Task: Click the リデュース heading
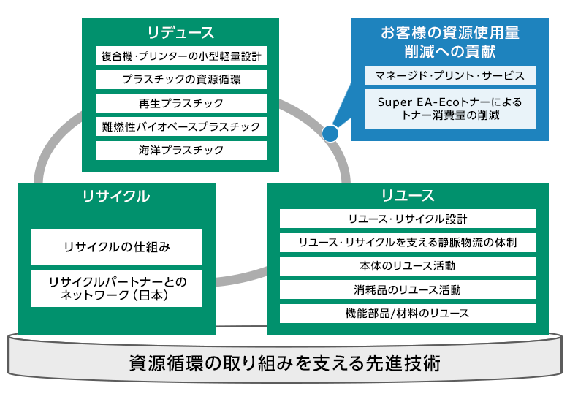tap(180, 32)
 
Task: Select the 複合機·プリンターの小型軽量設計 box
tap(182, 56)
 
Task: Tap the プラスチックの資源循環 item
tap(182, 79)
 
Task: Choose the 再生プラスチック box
tap(182, 103)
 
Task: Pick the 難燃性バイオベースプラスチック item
tap(182, 126)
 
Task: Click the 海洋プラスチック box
tap(182, 150)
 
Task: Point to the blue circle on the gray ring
tap(330, 134)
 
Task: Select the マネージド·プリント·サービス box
tap(450, 75)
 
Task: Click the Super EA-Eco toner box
tap(450, 109)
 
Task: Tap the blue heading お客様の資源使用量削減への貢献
tap(450, 42)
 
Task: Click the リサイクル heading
tap(116, 197)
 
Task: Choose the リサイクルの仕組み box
tap(117, 247)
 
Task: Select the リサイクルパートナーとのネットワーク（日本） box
tap(117, 289)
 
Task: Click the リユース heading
tap(408, 196)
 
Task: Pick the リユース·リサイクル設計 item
tap(408, 219)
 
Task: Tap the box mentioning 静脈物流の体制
tap(408, 243)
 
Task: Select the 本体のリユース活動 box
tap(408, 266)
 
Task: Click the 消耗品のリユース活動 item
tap(408, 289)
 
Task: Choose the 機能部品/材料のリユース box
tap(408, 314)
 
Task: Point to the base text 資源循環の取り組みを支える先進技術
tap(285, 363)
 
